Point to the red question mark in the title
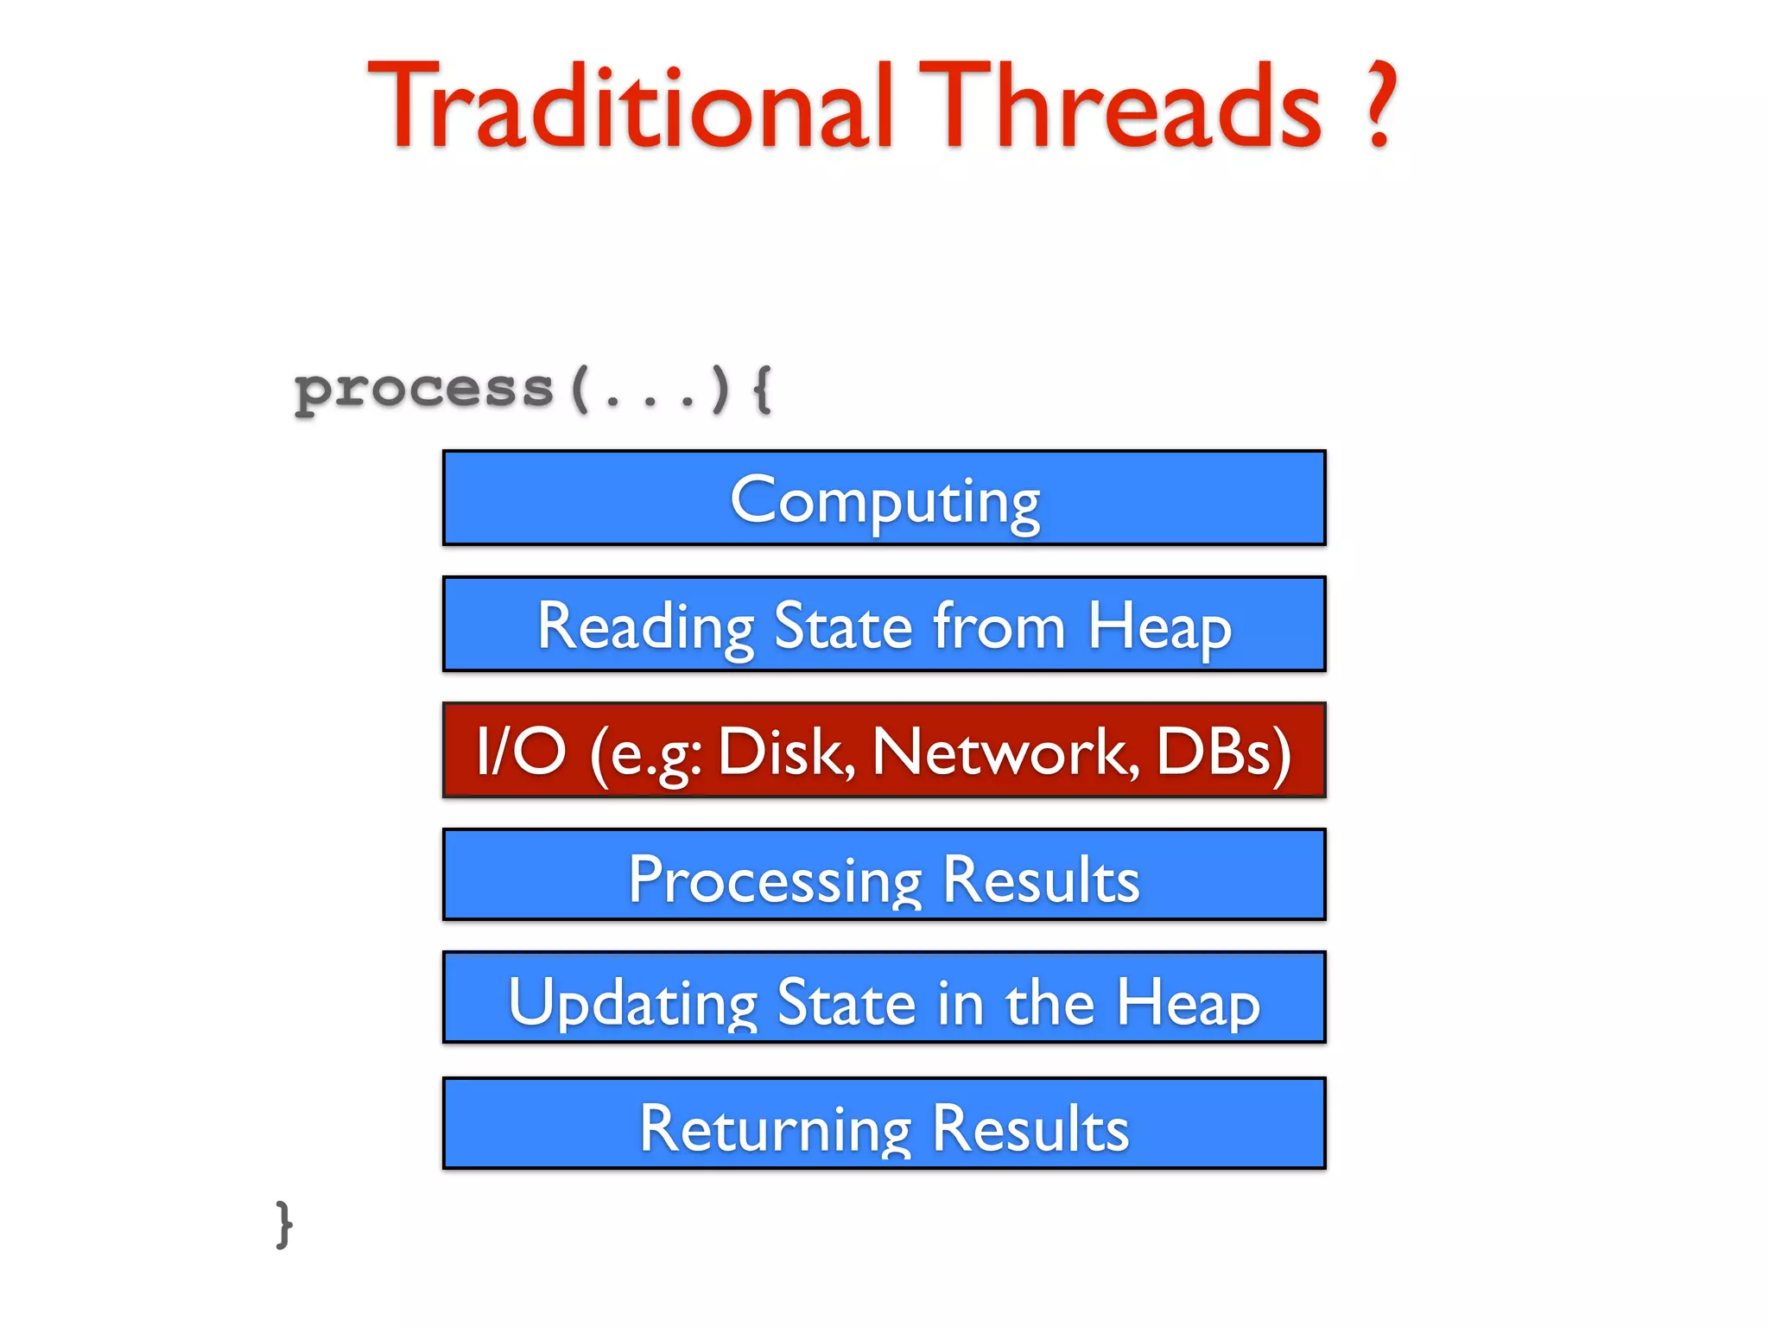(x=1379, y=105)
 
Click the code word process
(x=423, y=390)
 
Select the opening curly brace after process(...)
(x=762, y=390)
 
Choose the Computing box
(x=884, y=498)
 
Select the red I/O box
(x=884, y=750)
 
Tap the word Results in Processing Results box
(x=1041, y=879)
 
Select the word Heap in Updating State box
(x=1188, y=1002)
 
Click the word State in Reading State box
(x=843, y=625)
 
